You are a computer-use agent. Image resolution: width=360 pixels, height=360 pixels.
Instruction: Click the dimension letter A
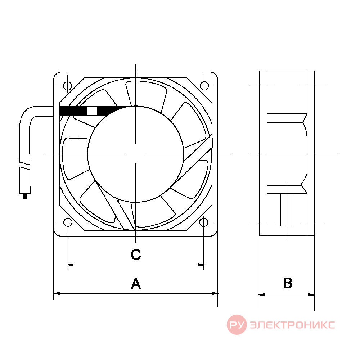coord(136,284)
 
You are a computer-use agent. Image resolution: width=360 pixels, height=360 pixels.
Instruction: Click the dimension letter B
coord(288,283)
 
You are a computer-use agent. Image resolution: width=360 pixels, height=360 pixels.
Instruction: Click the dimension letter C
coord(136,255)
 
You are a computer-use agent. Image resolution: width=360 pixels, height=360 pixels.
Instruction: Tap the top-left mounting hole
coord(68,86)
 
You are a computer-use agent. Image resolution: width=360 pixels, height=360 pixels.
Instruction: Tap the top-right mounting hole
coord(204,86)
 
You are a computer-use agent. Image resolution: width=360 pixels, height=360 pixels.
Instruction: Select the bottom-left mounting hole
coord(68,222)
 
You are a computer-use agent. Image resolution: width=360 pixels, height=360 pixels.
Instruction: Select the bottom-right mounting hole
coord(204,222)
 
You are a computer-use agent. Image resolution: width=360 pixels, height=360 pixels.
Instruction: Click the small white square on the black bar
coord(92,111)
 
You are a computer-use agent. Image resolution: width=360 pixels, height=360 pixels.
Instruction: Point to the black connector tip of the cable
coord(25,196)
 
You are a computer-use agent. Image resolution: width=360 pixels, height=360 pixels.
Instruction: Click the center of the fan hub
coord(135,154)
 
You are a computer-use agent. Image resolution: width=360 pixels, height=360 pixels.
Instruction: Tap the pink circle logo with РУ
coord(237,325)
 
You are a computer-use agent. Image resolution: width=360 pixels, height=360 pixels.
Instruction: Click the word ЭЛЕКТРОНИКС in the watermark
coord(292,325)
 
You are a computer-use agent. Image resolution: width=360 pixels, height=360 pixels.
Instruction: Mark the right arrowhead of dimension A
coord(215,293)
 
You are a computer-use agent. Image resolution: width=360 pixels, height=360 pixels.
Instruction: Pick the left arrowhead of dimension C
coord(70,265)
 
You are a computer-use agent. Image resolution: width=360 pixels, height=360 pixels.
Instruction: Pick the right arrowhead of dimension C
coord(201,265)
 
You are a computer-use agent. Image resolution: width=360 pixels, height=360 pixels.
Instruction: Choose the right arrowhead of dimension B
coord(311,295)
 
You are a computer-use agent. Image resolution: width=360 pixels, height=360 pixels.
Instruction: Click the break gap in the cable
coord(25,166)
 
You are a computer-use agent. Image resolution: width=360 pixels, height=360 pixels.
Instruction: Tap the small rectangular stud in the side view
coord(286,210)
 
